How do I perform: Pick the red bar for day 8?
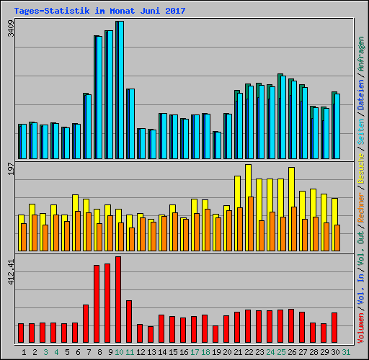97,304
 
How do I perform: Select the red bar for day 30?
334,328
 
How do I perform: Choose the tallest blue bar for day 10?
120,90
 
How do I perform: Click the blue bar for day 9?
109,94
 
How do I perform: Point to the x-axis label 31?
345,352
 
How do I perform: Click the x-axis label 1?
25,352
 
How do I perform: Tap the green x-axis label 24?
270,352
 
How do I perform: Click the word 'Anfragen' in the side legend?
360,54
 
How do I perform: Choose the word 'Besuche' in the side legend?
360,177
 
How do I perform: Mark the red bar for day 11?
129,322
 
